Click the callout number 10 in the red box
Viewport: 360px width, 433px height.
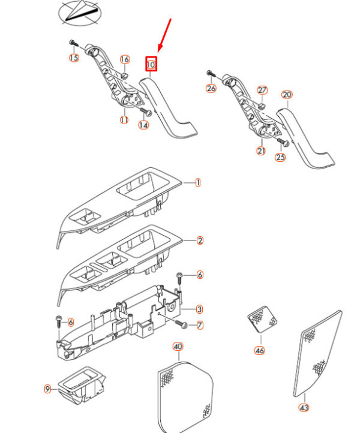click(151, 65)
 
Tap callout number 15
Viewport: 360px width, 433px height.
click(74, 58)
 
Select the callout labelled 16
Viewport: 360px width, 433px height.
click(125, 59)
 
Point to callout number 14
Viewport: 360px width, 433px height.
click(143, 125)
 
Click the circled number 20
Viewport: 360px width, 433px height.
click(287, 95)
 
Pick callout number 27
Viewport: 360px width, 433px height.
click(262, 91)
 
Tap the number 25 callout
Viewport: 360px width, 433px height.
click(280, 157)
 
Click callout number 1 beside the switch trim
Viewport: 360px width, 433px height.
click(198, 182)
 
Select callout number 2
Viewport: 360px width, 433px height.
click(200, 240)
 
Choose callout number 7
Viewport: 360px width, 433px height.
click(200, 325)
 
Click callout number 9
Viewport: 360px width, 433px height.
click(48, 389)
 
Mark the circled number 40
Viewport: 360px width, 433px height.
click(178, 347)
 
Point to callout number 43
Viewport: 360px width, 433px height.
click(304, 408)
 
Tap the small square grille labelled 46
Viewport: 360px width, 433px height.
click(262, 319)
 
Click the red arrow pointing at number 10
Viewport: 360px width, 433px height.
click(164, 35)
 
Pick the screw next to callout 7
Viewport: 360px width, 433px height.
click(181, 324)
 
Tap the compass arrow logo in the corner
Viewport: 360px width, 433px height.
click(80, 13)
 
